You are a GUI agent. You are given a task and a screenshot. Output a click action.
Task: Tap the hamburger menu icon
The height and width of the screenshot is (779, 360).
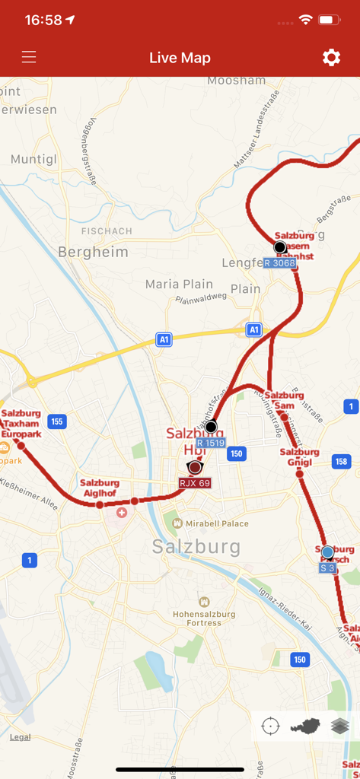[x=29, y=58]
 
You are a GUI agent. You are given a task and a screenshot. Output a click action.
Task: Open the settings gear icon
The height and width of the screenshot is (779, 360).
[x=331, y=58]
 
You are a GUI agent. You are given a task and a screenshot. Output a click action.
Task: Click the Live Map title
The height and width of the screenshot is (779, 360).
[x=180, y=58]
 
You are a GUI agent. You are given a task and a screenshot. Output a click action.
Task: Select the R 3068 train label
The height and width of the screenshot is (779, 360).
[x=279, y=263]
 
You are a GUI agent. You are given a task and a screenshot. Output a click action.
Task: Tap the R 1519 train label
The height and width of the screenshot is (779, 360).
[x=211, y=443]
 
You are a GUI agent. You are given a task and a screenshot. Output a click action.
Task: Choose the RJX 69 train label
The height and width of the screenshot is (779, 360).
[x=195, y=483]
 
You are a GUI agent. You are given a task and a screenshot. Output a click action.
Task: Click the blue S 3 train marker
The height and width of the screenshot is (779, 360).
[x=327, y=552]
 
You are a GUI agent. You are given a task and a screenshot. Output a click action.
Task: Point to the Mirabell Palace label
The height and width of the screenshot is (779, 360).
[x=211, y=523]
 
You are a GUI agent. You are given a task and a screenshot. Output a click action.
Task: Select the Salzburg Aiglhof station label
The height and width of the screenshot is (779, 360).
[x=100, y=488]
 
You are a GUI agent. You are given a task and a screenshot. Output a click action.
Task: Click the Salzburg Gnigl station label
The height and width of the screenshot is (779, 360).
[x=299, y=456]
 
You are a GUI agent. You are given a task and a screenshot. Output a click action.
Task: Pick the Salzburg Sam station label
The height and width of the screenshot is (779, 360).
[x=284, y=400]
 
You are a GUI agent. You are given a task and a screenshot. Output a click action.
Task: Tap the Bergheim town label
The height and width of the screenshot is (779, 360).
[x=93, y=253]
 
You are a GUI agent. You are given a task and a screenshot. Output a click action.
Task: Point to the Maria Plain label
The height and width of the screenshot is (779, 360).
[x=179, y=285]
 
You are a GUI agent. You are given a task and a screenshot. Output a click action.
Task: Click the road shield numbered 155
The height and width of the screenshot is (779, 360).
[x=56, y=421]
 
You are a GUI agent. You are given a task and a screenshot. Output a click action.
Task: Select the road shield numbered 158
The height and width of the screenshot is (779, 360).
[x=341, y=461]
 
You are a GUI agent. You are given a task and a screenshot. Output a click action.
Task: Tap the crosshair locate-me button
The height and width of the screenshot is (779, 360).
[x=270, y=727]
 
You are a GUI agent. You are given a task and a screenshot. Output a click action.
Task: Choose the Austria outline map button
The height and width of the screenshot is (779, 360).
[x=304, y=727]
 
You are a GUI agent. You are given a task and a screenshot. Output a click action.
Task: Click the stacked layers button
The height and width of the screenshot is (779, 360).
[x=339, y=727]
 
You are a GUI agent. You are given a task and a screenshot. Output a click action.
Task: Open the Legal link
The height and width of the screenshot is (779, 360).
[x=21, y=737]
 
